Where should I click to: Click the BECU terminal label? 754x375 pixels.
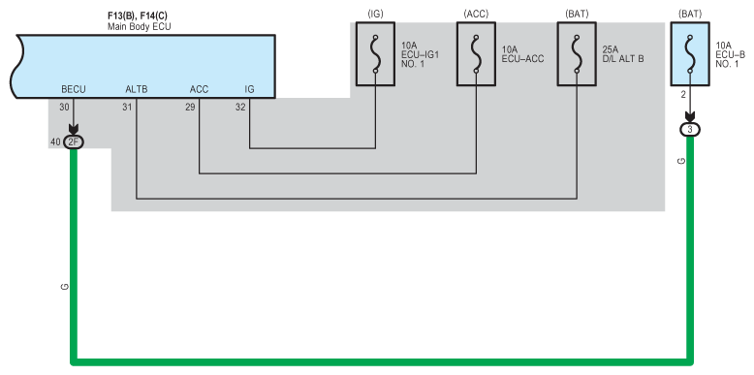tap(74, 89)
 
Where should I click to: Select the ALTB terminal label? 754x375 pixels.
tap(136, 89)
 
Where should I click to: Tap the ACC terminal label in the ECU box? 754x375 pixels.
tap(199, 89)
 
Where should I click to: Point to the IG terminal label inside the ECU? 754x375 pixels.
tap(250, 89)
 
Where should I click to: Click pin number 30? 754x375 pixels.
tap(64, 108)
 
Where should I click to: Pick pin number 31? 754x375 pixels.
tap(127, 108)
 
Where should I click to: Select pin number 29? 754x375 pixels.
tap(190, 108)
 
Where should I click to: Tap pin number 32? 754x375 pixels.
tap(240, 108)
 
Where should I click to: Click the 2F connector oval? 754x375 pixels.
tap(74, 141)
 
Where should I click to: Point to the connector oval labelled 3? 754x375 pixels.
tap(690, 129)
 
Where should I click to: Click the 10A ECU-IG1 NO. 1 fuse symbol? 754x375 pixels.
tap(376, 54)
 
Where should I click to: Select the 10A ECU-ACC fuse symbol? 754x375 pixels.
tap(476, 54)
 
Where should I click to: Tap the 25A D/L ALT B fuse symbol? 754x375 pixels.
tap(577, 54)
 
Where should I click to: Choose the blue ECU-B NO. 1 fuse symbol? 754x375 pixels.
tap(690, 54)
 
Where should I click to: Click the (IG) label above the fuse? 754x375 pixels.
tap(376, 14)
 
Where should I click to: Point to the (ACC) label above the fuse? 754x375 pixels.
tap(476, 14)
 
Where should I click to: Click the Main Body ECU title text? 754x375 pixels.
tap(139, 27)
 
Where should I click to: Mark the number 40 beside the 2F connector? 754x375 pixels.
tap(55, 141)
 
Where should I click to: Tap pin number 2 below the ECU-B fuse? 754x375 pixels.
tap(683, 95)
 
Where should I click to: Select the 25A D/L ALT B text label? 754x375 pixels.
tap(623, 54)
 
